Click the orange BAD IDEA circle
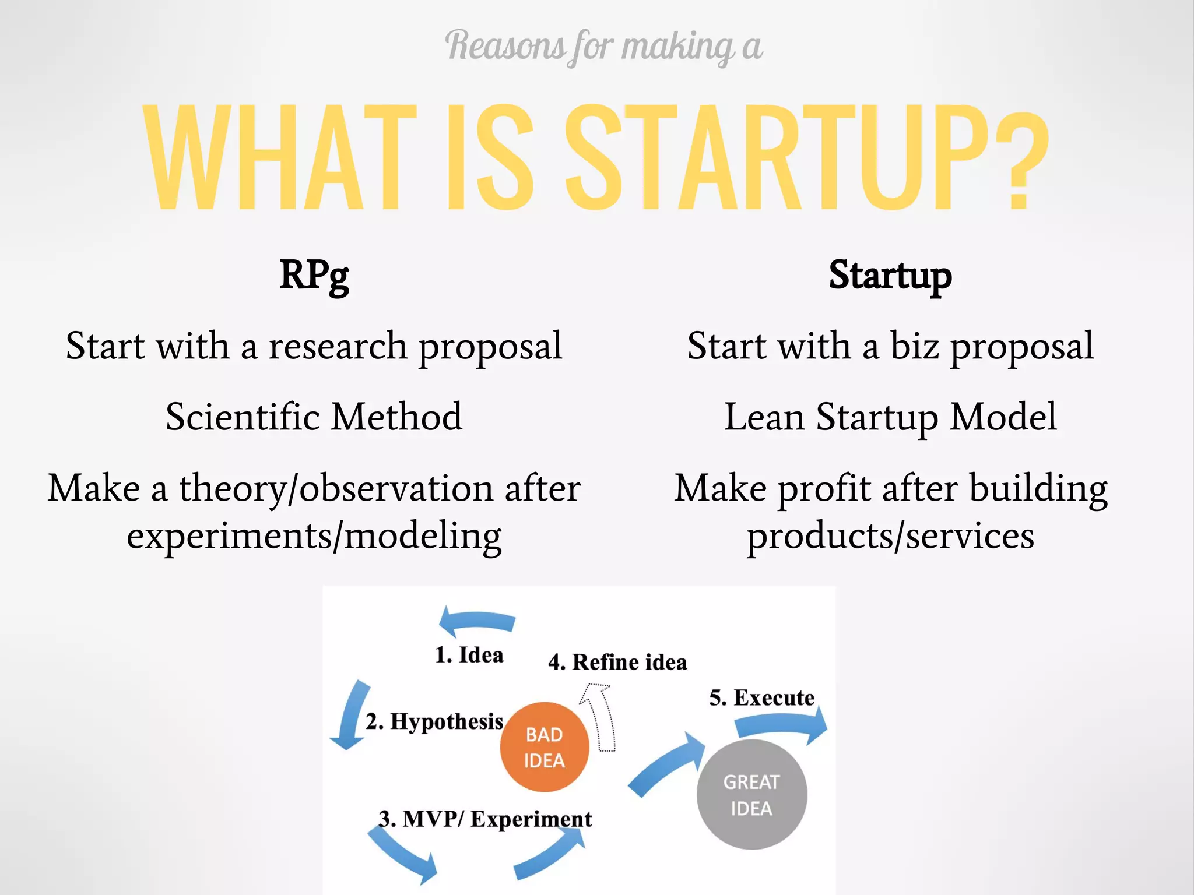pos(544,747)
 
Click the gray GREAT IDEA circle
pos(751,795)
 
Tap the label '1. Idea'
pos(469,655)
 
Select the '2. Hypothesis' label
pos(434,721)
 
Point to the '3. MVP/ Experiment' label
pos(485,819)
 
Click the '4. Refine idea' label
pos(617,662)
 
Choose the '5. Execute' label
pos(761,697)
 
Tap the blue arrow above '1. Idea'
pos(476,621)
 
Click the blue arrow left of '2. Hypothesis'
pos(352,714)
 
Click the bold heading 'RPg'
pos(314,275)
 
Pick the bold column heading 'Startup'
pos(890,275)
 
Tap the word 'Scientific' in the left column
pos(243,417)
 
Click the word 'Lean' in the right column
pos(764,417)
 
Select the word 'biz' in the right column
pos(915,346)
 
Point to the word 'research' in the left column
pos(338,346)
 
